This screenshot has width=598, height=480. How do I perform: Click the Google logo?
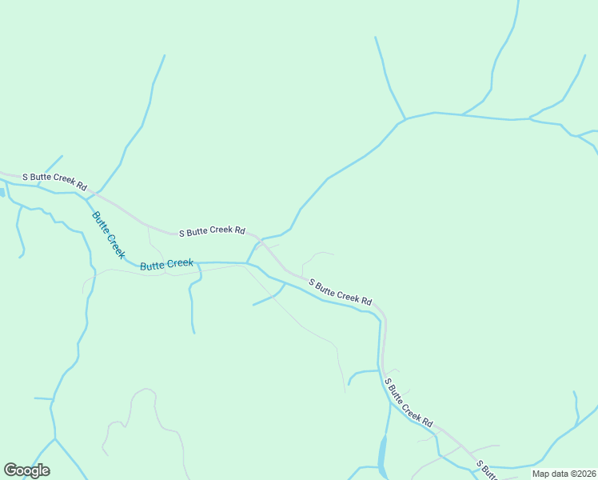pyautogui.click(x=27, y=470)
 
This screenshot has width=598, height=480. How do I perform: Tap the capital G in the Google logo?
pyautogui.click(x=11, y=470)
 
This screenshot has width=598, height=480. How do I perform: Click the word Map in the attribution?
pyautogui.click(x=541, y=474)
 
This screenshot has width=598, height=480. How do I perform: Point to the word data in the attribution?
pyautogui.click(x=560, y=474)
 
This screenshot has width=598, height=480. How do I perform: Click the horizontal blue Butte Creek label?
pyautogui.click(x=166, y=264)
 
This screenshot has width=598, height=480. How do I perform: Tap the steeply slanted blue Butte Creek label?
pyautogui.click(x=109, y=235)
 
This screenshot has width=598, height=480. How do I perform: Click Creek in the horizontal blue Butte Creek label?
pyautogui.click(x=180, y=263)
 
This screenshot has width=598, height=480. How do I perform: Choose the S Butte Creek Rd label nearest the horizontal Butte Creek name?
pyautogui.click(x=212, y=231)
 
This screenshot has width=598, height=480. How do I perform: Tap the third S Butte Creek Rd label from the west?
pyautogui.click(x=341, y=292)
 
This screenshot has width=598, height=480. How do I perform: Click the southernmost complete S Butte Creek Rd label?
pyautogui.click(x=409, y=402)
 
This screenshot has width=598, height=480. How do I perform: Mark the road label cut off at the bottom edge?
pyautogui.click(x=487, y=470)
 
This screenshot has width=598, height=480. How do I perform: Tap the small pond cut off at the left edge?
pyautogui.click(x=2, y=193)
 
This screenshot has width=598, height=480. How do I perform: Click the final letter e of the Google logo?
pyautogui.click(x=45, y=471)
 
